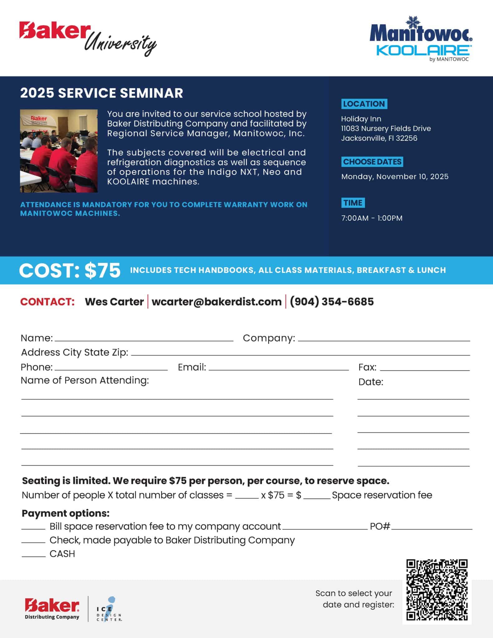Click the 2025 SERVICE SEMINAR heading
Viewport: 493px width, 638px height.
(x=102, y=93)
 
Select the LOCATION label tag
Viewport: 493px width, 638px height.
(x=364, y=104)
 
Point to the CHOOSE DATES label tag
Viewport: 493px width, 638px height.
(x=372, y=162)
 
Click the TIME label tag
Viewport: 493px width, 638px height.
(x=353, y=203)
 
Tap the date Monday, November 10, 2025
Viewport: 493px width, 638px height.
(x=395, y=177)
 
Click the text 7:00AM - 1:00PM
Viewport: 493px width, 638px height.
(x=372, y=218)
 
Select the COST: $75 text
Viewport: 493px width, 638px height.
(x=70, y=270)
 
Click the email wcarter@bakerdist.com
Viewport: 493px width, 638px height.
(x=216, y=302)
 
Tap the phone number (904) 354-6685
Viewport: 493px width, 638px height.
(x=332, y=302)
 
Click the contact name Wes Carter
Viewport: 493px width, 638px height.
(x=114, y=302)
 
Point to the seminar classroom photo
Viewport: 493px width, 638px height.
(x=59, y=151)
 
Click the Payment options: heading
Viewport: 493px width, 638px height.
(x=65, y=513)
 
